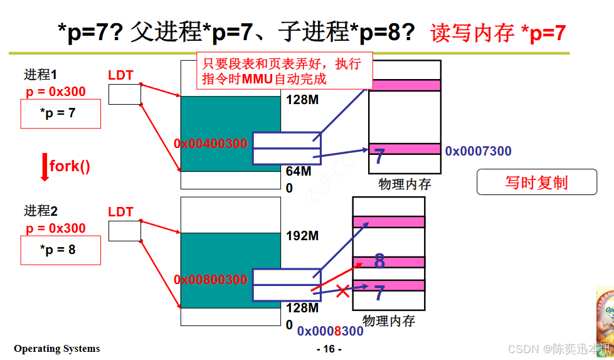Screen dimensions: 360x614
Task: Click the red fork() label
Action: point(70,166)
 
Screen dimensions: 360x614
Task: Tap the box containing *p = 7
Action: point(61,114)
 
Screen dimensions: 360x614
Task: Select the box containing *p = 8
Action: point(61,250)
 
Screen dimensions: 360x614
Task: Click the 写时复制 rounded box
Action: point(536,183)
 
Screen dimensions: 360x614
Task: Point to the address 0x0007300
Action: point(478,151)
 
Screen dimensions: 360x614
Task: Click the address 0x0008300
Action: point(330,331)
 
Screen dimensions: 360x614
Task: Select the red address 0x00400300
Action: point(211,144)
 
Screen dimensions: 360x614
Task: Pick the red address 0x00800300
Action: point(211,280)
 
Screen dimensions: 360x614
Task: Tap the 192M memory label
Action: point(302,236)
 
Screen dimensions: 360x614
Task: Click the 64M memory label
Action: point(299,171)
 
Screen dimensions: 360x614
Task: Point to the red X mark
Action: point(342,291)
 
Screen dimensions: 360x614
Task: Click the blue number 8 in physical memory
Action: point(379,261)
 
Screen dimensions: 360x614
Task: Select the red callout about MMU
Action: point(284,71)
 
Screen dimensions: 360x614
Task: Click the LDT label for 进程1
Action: point(121,75)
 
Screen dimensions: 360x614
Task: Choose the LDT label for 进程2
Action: point(121,212)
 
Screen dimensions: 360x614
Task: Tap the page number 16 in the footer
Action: point(329,349)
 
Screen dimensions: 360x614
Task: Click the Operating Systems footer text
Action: point(57,349)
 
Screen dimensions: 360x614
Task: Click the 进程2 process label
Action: point(41,211)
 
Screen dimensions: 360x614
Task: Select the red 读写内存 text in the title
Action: point(472,33)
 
